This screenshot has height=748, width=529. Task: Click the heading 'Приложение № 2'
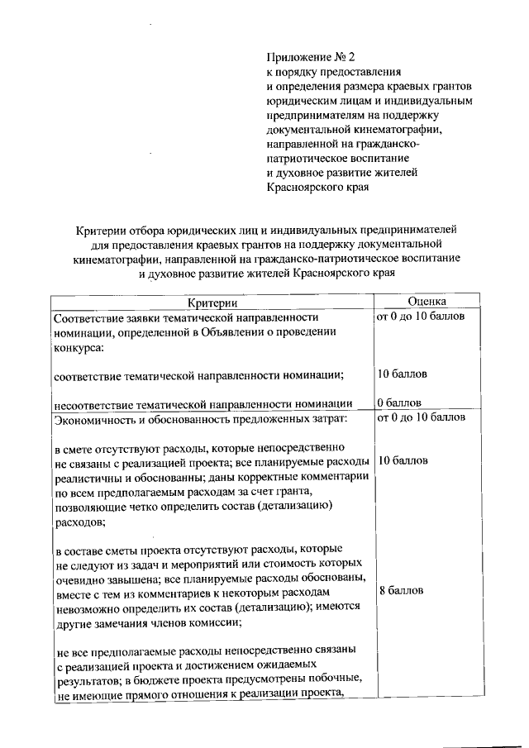(309, 57)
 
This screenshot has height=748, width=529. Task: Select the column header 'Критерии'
(211, 303)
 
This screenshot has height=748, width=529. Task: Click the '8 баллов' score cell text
(401, 591)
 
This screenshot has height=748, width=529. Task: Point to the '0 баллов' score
(399, 403)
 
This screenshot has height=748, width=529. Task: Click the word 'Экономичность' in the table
(93, 418)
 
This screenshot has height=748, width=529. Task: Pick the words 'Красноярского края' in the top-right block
(316, 187)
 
